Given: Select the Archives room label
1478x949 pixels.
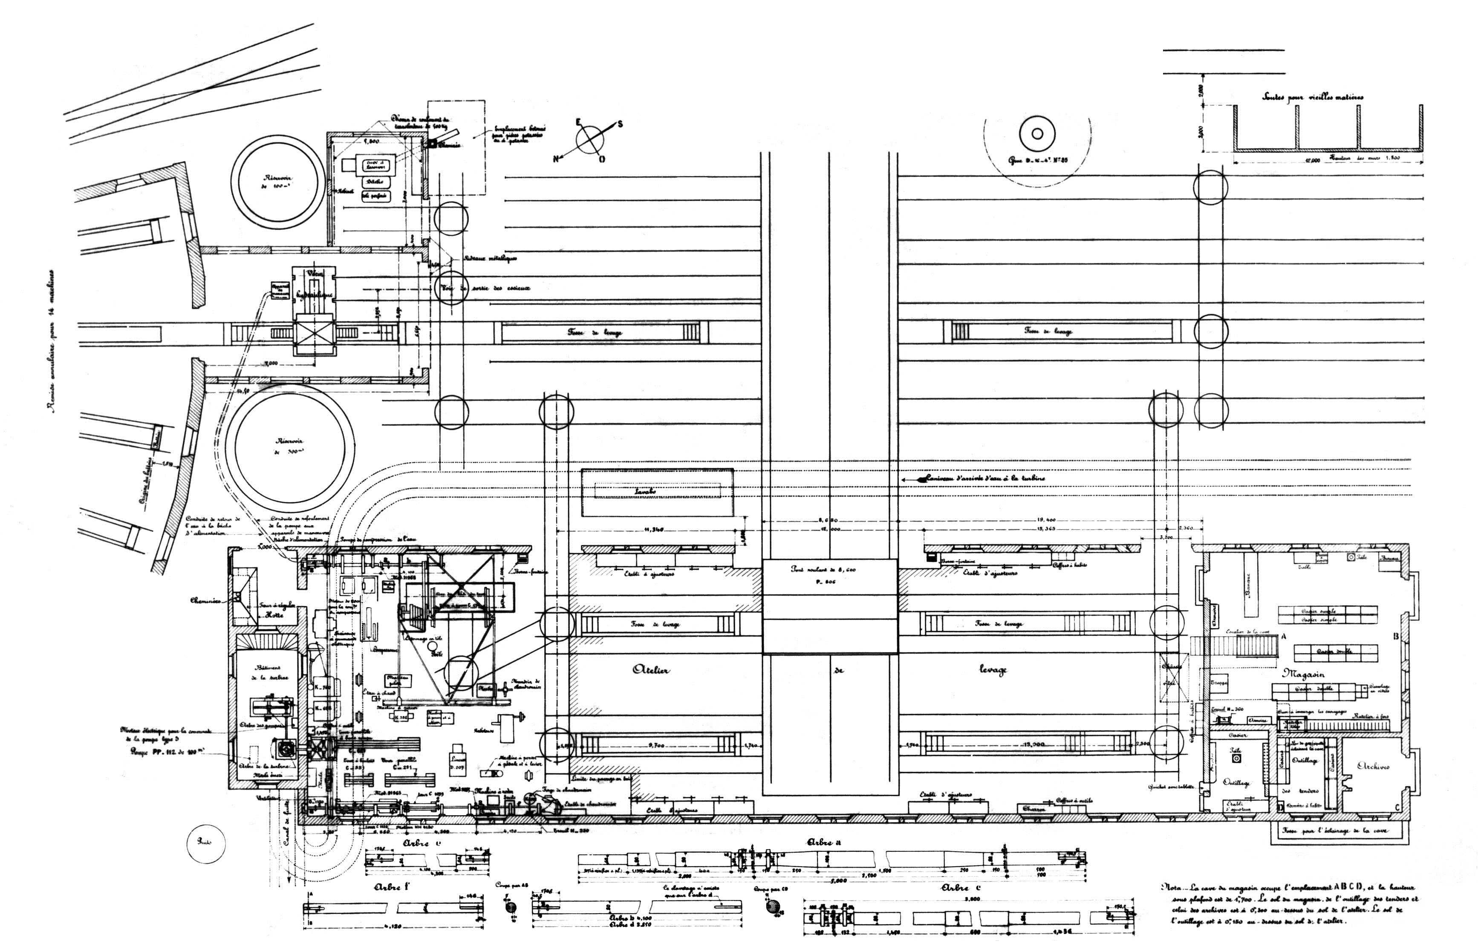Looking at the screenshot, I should pyautogui.click(x=1373, y=767).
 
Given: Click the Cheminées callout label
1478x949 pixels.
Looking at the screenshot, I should pyautogui.click(x=209, y=598).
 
